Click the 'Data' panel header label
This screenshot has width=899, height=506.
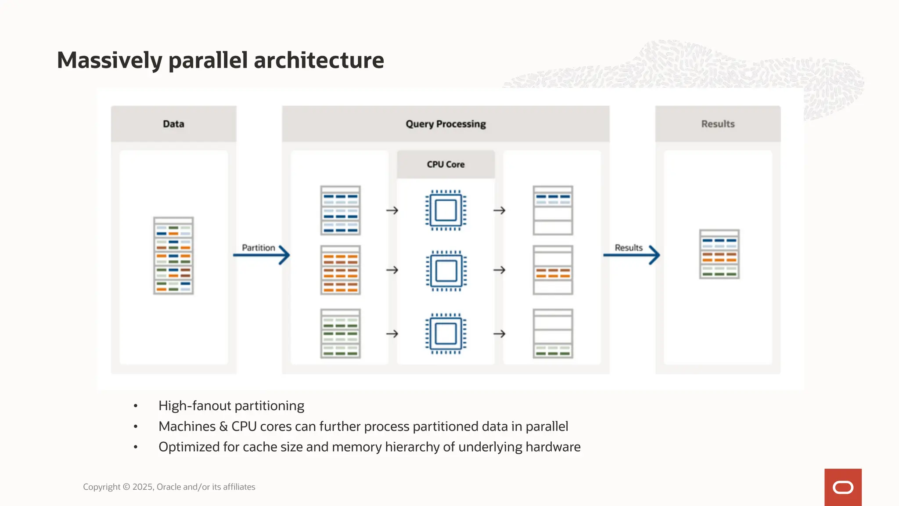[x=173, y=124]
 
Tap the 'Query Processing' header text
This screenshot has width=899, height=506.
[x=446, y=124]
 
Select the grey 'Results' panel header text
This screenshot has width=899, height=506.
[x=718, y=124]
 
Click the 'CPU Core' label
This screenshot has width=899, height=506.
[x=446, y=164]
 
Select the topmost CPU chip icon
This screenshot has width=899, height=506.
[x=446, y=210]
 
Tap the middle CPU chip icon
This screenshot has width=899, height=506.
[x=446, y=271]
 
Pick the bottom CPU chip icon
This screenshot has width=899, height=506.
[x=446, y=334]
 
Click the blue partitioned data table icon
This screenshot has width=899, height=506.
[x=340, y=210]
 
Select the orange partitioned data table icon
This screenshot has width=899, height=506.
[x=340, y=270]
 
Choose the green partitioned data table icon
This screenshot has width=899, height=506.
[x=340, y=334]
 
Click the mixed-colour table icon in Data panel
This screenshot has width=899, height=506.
[x=173, y=256]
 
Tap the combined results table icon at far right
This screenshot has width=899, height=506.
[x=719, y=254]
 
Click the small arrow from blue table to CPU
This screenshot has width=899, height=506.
[x=392, y=210]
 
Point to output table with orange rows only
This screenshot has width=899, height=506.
[x=553, y=270]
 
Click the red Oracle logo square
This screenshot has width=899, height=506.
[x=843, y=487]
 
